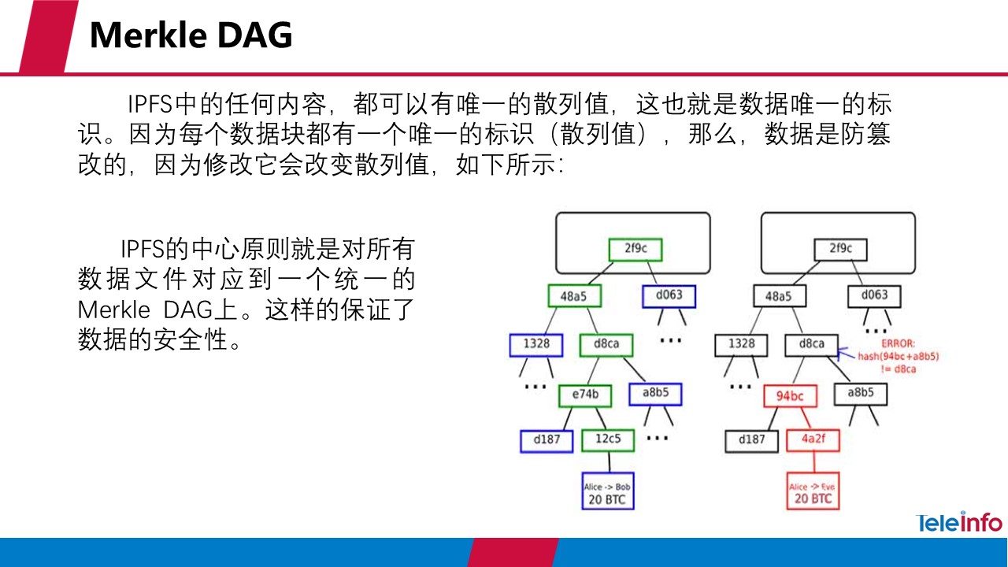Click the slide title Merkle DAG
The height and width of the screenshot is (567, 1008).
coord(191,35)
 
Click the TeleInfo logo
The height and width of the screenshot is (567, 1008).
coord(958,522)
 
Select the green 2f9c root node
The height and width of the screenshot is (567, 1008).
coord(635,249)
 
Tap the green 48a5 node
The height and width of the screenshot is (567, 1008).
coord(574,296)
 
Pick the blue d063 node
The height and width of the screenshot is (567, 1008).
coord(662,295)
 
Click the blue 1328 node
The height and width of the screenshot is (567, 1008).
coord(535,344)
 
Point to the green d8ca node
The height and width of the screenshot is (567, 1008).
coord(606,344)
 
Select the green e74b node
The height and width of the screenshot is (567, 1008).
coord(584,395)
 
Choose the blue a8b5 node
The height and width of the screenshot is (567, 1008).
coord(654,394)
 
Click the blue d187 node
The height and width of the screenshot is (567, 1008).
coord(546,440)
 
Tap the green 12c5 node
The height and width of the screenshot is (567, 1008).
coord(607,439)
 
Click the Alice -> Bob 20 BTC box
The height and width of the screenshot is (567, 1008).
coord(607,492)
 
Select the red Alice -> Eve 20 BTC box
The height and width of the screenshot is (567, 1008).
coord(812,492)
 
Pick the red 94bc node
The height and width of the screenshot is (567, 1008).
coord(789,395)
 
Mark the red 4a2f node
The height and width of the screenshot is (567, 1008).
coord(812,439)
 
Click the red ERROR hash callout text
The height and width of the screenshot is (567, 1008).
coord(898,357)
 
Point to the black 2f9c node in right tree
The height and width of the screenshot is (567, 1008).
coord(839,249)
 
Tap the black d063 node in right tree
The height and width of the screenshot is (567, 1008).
coord(873,295)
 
